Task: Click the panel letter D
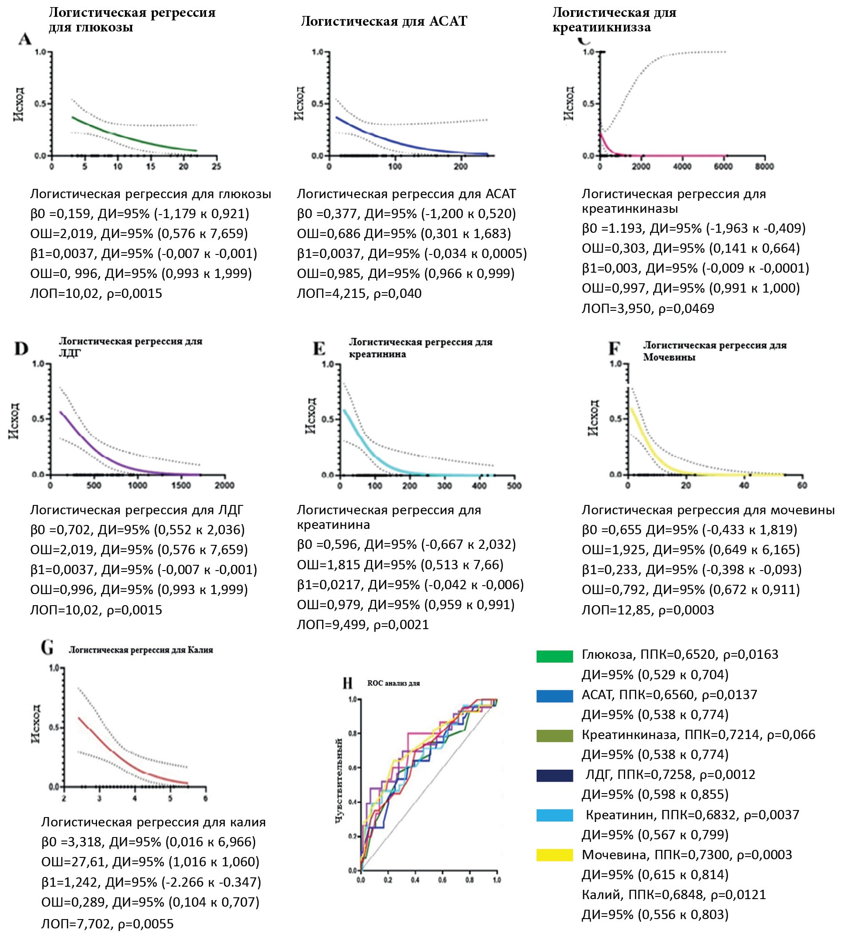[x=21, y=348]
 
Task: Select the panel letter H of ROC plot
[x=347, y=683]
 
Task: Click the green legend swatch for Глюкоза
[x=554, y=657]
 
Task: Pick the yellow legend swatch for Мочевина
[x=554, y=855]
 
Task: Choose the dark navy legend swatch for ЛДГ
[x=554, y=775]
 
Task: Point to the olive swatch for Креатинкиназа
[x=554, y=736]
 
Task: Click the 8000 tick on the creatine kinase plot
[x=764, y=166]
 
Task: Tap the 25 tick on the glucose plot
[x=216, y=166]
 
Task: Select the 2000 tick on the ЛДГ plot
[x=225, y=485]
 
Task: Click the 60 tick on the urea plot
[x=802, y=485]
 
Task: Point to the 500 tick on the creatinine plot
[x=514, y=486]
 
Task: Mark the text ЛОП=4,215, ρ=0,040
[x=359, y=293]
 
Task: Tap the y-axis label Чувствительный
[x=339, y=781]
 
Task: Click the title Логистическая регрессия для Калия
[x=141, y=650]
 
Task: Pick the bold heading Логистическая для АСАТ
[x=384, y=21]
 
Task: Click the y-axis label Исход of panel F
[x=593, y=418]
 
